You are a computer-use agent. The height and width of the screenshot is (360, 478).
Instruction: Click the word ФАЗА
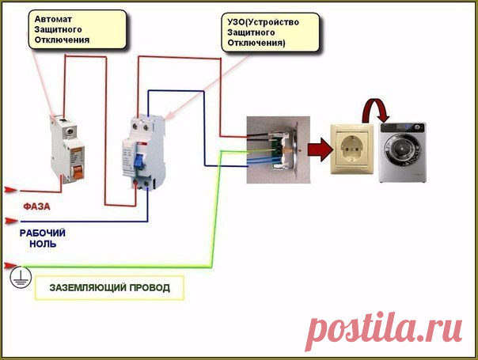(x=37, y=207)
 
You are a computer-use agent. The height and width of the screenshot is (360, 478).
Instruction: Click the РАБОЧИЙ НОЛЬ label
(x=43, y=238)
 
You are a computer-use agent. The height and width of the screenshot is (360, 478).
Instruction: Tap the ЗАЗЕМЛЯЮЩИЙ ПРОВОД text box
(x=109, y=287)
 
